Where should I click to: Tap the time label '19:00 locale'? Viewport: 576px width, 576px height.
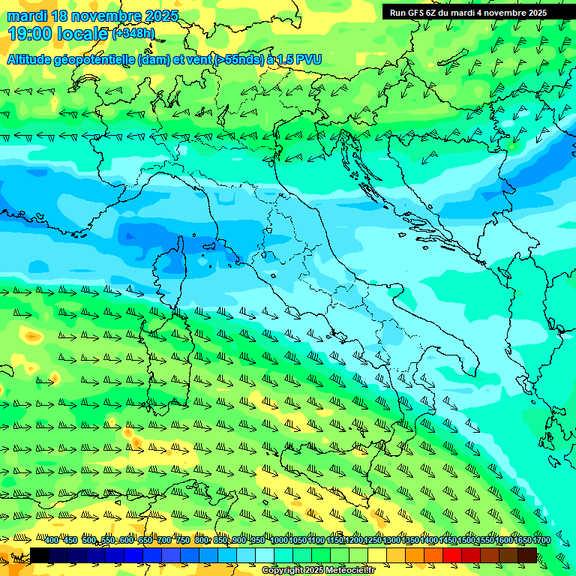click(x=58, y=34)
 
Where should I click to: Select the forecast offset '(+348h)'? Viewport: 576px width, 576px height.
click(x=133, y=34)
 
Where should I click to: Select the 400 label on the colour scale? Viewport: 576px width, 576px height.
click(x=52, y=540)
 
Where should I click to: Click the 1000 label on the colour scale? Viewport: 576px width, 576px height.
click(x=279, y=540)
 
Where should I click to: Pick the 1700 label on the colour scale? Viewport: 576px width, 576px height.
click(x=522, y=540)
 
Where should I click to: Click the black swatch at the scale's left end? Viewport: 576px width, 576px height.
click(x=40, y=555)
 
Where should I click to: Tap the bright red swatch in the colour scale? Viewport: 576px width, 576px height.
click(x=452, y=555)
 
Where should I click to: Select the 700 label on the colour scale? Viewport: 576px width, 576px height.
click(x=164, y=540)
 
